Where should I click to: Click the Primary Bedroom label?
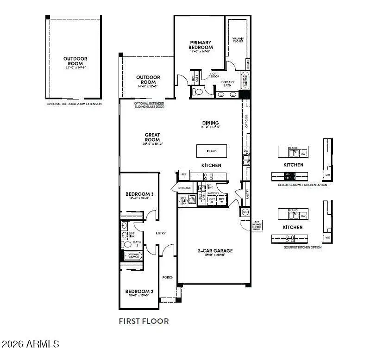(201, 45)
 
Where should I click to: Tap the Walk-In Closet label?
(238, 39)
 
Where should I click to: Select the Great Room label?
(151, 137)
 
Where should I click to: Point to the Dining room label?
(210, 123)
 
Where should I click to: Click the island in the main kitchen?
(212, 151)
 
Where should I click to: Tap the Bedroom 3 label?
(139, 194)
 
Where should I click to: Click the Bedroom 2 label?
(139, 292)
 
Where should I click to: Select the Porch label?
(168, 277)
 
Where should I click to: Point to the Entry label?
(160, 233)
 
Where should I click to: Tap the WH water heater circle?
(245, 212)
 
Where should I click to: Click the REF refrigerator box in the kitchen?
(183, 174)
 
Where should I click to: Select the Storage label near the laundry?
(184, 188)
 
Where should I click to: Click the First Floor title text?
(144, 321)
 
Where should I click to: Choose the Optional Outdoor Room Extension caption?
(74, 104)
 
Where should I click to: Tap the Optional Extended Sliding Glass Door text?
(149, 105)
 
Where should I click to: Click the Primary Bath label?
(227, 83)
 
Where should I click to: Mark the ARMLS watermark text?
(31, 344)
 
